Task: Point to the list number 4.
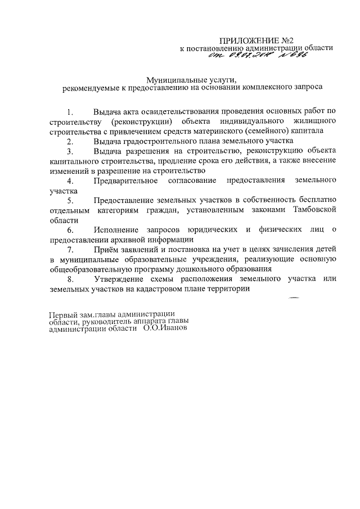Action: coord(69,181)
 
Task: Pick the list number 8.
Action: coord(69,279)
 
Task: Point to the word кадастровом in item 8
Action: coord(154,289)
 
